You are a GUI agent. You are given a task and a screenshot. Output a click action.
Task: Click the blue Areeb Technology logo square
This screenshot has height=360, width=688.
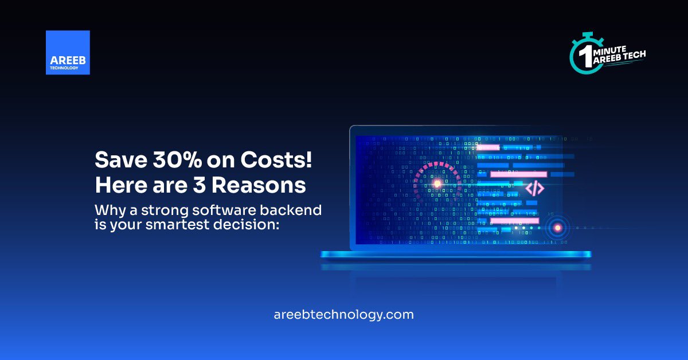coord(68,53)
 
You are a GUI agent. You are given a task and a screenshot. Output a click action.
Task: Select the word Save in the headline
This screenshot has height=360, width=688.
coord(115,159)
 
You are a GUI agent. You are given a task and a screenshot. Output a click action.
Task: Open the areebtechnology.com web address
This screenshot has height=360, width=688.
coord(344,314)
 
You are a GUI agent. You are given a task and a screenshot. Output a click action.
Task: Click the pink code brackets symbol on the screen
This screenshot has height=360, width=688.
coord(535,189)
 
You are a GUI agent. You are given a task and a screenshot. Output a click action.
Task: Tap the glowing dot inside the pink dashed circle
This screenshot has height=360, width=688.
coord(437,183)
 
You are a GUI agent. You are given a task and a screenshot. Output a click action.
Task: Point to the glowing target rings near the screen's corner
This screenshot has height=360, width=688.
coord(556,228)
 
